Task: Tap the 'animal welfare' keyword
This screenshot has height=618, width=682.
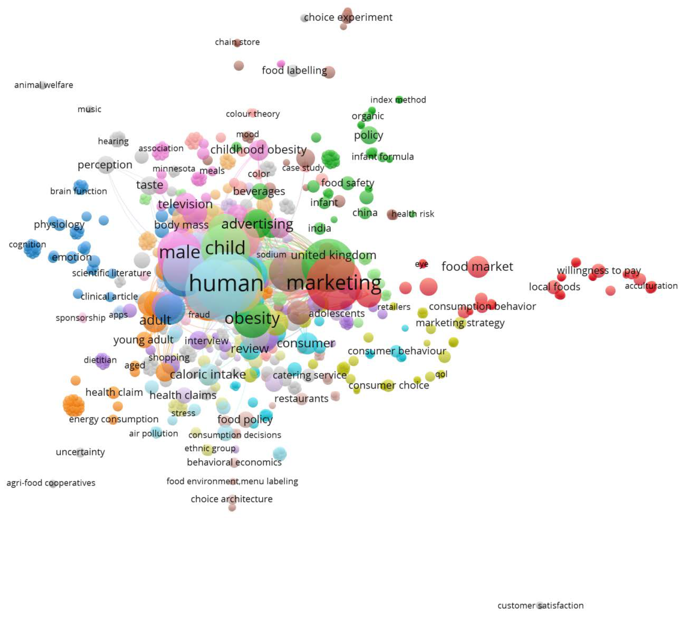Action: coord(44,85)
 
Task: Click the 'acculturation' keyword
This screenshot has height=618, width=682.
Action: coord(651,286)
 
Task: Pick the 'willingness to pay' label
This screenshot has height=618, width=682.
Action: coord(599,270)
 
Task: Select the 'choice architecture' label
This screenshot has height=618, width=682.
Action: coord(231,499)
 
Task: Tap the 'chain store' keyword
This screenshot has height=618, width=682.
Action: coord(237,42)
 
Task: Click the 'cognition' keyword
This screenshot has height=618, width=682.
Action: coord(27,244)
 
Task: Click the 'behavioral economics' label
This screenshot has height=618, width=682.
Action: coord(234,462)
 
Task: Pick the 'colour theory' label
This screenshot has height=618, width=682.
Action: coord(253,114)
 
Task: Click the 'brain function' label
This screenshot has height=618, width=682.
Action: coord(78,191)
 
